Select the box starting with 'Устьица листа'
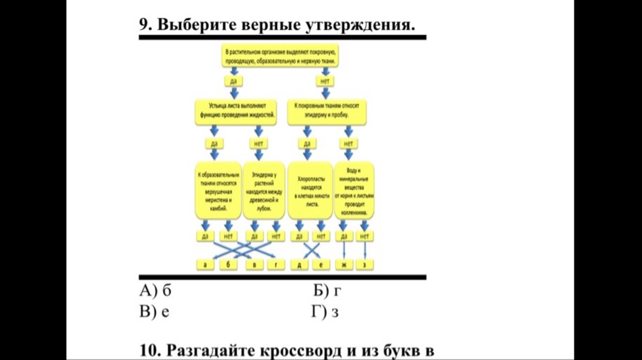click(x=236, y=111)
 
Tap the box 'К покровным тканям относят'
click(x=327, y=111)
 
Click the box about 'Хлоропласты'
click(x=308, y=190)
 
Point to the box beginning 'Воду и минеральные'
click(x=354, y=190)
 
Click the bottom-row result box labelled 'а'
click(x=205, y=265)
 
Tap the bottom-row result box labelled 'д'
click(x=299, y=265)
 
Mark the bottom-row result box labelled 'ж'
click(x=343, y=265)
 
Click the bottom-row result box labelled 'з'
click(x=365, y=265)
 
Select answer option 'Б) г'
click(x=327, y=292)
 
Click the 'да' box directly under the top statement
click(x=233, y=81)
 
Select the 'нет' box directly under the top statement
click(x=324, y=81)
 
